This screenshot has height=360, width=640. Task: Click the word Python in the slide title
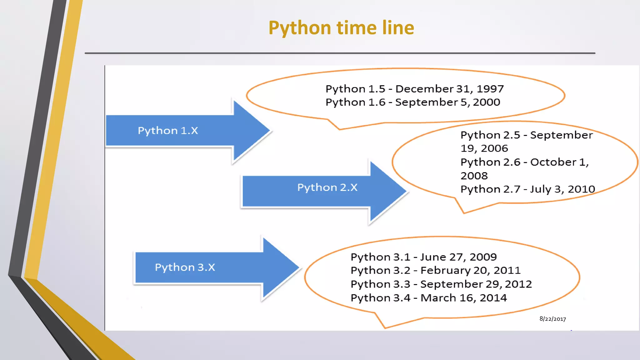click(x=299, y=28)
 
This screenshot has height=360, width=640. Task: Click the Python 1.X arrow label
click(x=168, y=131)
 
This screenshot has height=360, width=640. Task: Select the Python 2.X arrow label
click(x=327, y=187)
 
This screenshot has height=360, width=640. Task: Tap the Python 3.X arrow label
click(x=185, y=267)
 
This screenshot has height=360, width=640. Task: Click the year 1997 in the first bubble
click(x=490, y=89)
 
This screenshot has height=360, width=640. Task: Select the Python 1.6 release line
click(x=412, y=102)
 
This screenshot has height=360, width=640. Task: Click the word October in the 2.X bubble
click(x=553, y=162)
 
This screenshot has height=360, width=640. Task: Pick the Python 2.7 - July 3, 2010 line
click(x=527, y=189)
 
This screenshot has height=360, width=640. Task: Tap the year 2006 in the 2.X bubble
click(x=494, y=148)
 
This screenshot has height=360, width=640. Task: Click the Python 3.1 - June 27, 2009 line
click(x=423, y=257)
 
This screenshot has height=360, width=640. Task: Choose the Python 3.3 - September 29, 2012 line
click(x=441, y=284)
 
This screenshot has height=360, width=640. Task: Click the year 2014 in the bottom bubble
click(x=493, y=298)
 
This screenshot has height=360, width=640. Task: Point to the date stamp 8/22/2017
click(x=552, y=319)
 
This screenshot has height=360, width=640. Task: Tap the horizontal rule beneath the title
click(x=340, y=53)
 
